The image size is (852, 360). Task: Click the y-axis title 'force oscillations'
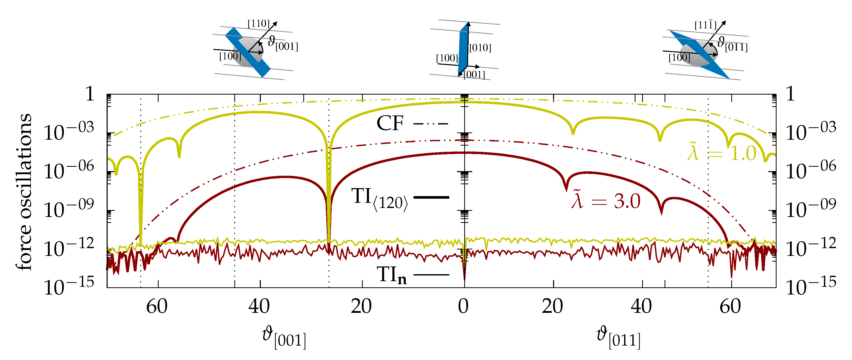[x=24, y=192]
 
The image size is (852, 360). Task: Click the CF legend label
[x=390, y=123]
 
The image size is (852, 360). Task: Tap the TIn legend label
[x=392, y=275]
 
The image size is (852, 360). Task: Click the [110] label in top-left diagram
[x=258, y=24]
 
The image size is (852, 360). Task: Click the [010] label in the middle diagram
[x=480, y=48]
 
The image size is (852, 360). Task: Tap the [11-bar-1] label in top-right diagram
[x=705, y=25]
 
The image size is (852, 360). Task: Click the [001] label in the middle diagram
[x=474, y=75]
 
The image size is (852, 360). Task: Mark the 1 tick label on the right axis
[x=790, y=94]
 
